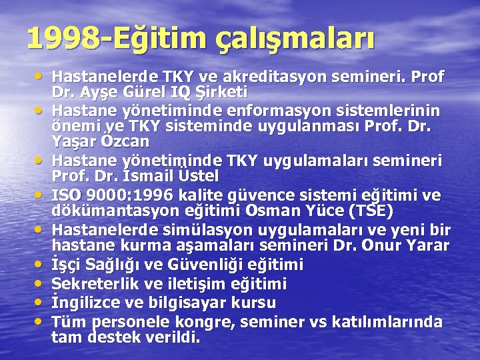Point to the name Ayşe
(97, 91)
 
